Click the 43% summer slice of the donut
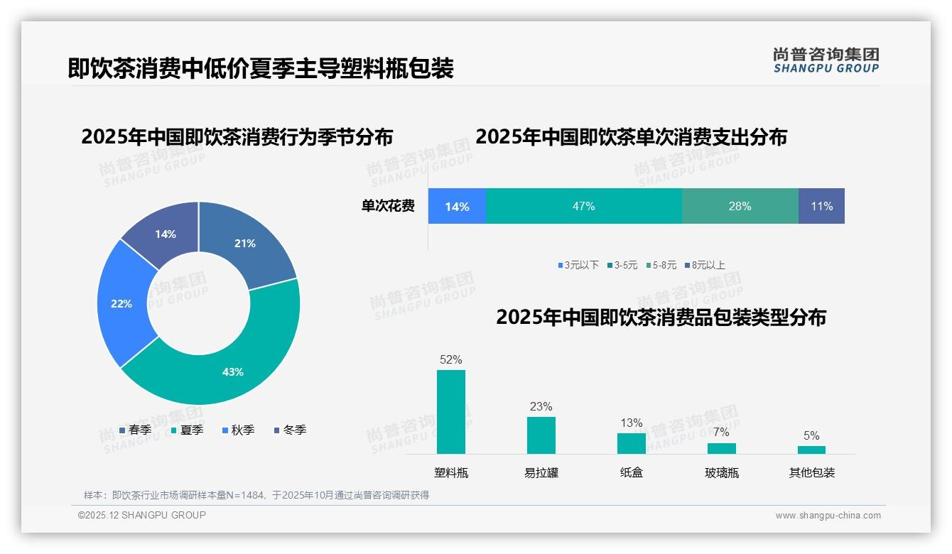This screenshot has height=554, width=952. click(x=234, y=369)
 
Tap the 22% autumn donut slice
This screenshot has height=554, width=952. click(x=122, y=304)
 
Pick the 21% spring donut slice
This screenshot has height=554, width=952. click(x=245, y=244)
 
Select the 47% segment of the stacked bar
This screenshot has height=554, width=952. click(x=583, y=206)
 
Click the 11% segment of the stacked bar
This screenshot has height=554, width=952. click(x=821, y=206)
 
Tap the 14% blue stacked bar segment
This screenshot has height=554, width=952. click(x=457, y=206)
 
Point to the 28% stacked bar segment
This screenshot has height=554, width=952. click(x=740, y=206)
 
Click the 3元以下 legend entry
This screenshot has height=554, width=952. click(x=578, y=265)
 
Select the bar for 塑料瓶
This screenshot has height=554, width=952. click(x=451, y=412)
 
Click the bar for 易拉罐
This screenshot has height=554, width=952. click(x=541, y=435)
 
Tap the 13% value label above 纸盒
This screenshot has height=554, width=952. click(x=631, y=423)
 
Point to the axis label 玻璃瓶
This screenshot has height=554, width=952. click(x=721, y=472)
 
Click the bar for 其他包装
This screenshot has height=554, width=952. click(x=811, y=450)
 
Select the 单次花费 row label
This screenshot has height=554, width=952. click(x=388, y=206)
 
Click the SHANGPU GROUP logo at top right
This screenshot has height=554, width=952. click(x=826, y=60)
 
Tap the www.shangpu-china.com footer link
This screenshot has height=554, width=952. click(x=828, y=516)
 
